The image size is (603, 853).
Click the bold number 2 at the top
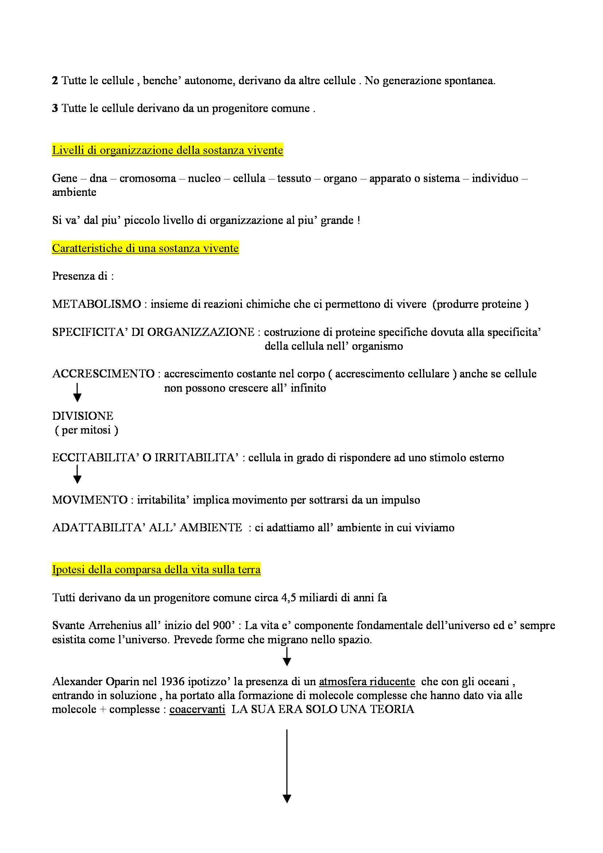point(55,81)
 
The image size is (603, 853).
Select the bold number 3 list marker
point(55,108)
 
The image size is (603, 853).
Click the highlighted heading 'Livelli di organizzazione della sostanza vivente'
point(167,150)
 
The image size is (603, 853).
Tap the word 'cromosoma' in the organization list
point(147,178)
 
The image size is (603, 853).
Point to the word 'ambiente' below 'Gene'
point(74,192)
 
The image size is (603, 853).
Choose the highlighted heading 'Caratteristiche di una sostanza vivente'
point(145,248)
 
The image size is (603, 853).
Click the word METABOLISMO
point(96,304)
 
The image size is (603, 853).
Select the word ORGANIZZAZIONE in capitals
point(201,332)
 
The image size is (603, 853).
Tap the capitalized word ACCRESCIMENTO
point(103,374)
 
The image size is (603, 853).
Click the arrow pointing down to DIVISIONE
point(77,392)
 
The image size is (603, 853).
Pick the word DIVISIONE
point(82,416)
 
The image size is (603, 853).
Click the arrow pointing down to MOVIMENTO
point(77,474)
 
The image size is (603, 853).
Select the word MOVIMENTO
point(89,500)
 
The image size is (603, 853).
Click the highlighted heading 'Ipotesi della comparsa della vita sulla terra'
point(156,570)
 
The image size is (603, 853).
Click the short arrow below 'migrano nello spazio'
point(287,656)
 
